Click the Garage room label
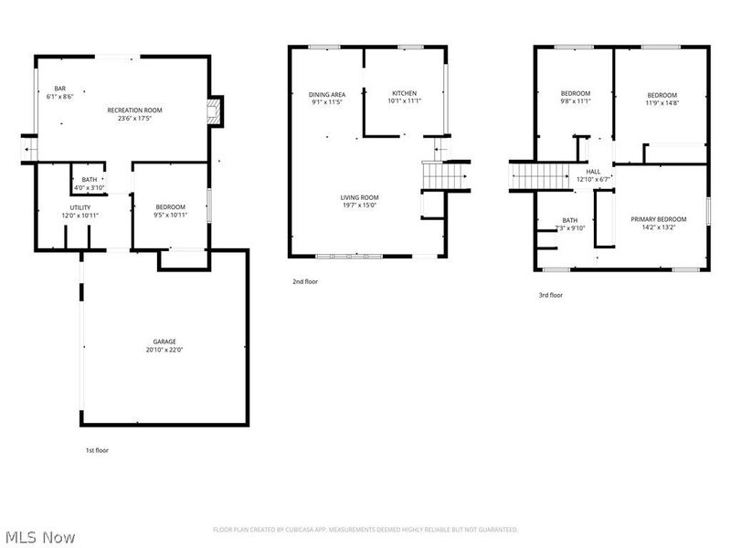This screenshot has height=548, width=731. [164, 342]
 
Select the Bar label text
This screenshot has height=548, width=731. [59, 89]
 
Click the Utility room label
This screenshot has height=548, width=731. [80, 207]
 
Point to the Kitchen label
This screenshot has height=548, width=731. [404, 93]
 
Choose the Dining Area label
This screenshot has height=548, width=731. [326, 94]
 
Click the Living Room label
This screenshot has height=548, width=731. [360, 197]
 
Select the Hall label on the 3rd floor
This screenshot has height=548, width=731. [594, 171]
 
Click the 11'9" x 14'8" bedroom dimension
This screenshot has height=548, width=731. [662, 103]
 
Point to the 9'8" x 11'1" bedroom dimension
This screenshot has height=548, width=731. [576, 101]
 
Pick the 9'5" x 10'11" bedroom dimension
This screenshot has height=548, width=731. [170, 215]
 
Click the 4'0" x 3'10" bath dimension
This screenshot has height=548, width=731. [90, 187]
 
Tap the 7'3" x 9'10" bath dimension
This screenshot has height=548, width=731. [570, 228]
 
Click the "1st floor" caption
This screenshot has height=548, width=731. [98, 450]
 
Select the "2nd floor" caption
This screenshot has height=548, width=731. [305, 281]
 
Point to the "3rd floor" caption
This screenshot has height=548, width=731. [550, 295]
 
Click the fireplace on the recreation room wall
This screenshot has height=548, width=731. [214, 112]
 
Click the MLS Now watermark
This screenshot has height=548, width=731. [40, 536]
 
